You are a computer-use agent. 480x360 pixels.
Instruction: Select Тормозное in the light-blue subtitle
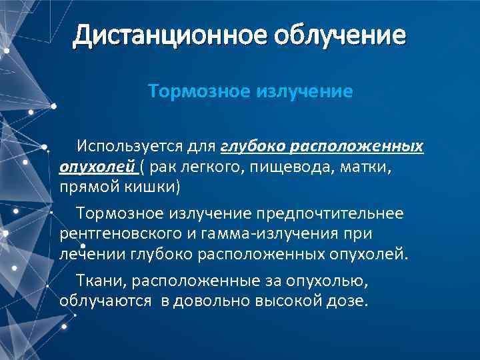[197, 90]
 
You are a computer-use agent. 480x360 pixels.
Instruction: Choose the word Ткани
[95, 280]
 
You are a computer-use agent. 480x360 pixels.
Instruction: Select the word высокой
[286, 301]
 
